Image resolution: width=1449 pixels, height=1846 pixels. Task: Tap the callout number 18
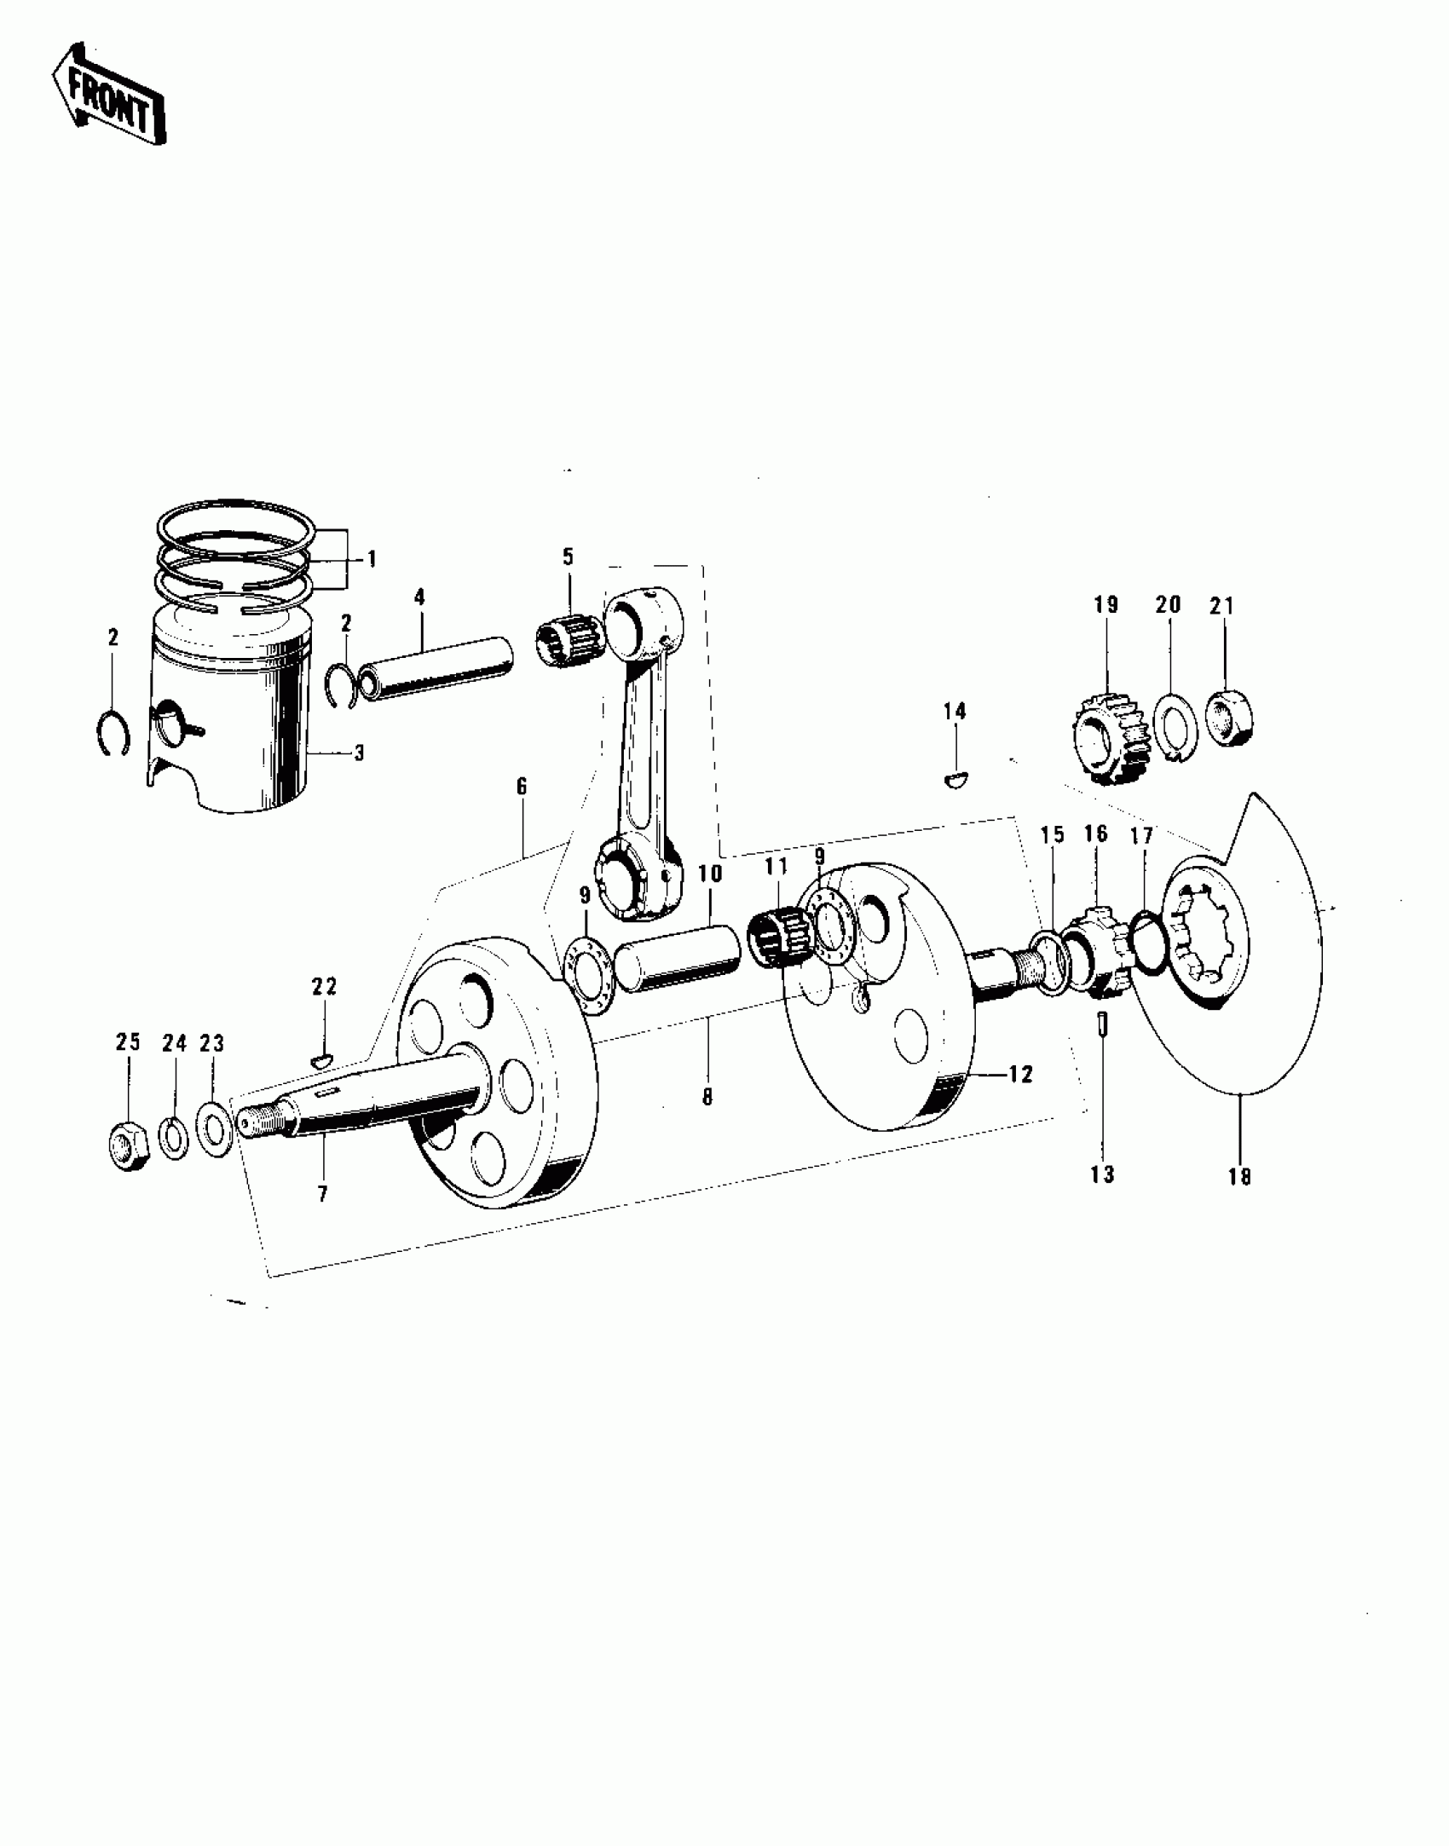coord(1239,1177)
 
